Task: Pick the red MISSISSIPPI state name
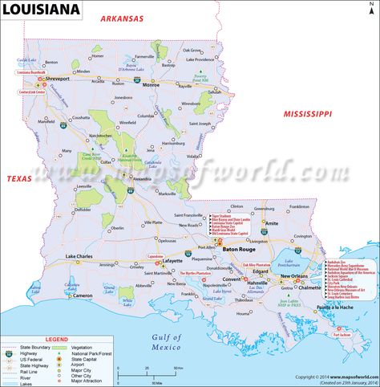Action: [x=307, y=115]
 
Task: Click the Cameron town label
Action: [x=83, y=295]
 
